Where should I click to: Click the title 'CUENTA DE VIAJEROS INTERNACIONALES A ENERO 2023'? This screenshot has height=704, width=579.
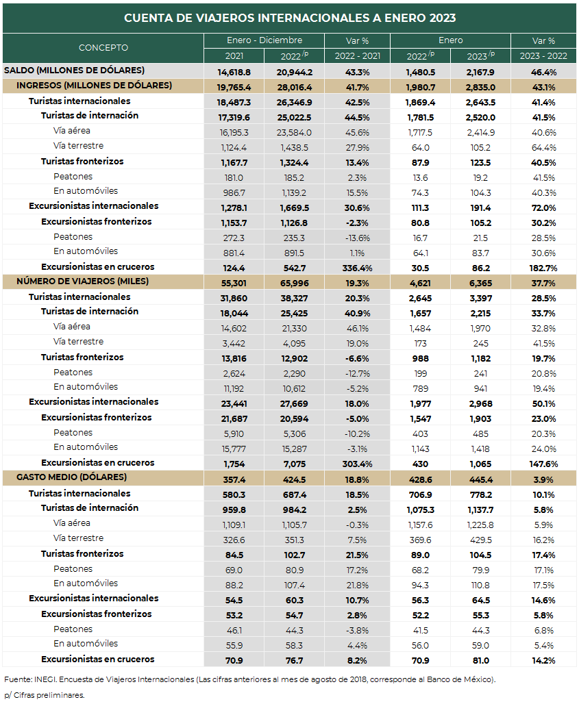[x=290, y=18]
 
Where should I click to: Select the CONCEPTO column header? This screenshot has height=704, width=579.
[x=103, y=47]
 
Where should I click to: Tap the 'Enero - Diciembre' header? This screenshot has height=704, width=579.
[x=264, y=40]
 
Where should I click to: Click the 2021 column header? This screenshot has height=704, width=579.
[x=234, y=56]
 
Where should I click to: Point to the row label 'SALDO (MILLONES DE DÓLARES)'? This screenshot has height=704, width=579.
[x=74, y=71]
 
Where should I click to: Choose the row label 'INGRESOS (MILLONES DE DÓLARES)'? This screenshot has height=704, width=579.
[x=95, y=86]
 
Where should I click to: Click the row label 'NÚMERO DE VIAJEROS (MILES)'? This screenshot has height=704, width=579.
[x=83, y=281]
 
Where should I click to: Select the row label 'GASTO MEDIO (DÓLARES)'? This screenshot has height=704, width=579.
[x=71, y=477]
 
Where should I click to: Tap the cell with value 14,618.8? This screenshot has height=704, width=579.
[x=234, y=73]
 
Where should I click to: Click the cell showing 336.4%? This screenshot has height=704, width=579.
[x=357, y=268]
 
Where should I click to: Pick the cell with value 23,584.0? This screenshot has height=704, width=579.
[x=294, y=133]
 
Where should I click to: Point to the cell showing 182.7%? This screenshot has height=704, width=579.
[x=543, y=268]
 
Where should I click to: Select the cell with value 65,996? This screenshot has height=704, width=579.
[x=294, y=284]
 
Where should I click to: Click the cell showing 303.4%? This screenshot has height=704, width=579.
[x=357, y=464]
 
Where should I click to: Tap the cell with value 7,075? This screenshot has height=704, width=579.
[x=294, y=464]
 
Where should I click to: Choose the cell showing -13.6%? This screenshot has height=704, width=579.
[x=357, y=238]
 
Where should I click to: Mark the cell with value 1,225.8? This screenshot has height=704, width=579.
[x=480, y=525]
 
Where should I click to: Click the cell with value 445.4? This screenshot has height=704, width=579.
[x=480, y=480]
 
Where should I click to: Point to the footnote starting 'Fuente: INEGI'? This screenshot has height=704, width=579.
[x=249, y=680]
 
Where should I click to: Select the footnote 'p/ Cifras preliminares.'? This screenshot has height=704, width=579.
[x=44, y=696]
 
